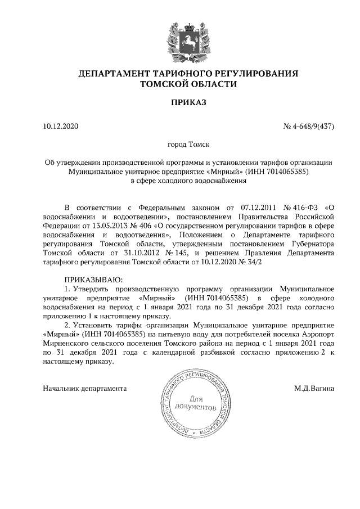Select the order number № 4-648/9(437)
pos(309,126)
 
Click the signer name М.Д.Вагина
pos(314,388)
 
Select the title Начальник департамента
pos(85,388)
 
